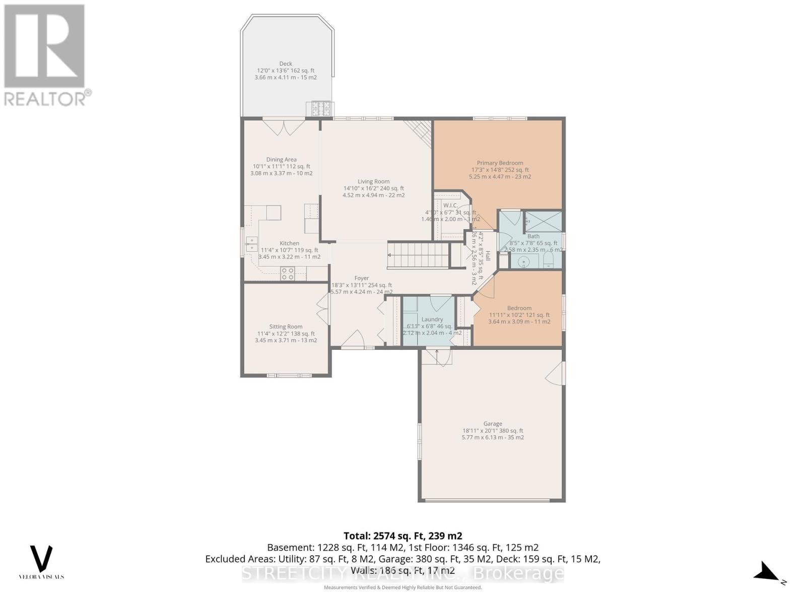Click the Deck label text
click(x=286, y=63)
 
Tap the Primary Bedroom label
click(x=500, y=163)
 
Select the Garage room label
click(x=493, y=424)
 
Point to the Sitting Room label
click(x=286, y=327)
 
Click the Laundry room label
click(x=432, y=319)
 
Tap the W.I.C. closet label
click(x=450, y=205)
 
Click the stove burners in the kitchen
click(x=288, y=274)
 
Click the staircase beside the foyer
click(x=418, y=255)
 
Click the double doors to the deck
click(x=283, y=126)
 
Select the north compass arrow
click(x=767, y=572)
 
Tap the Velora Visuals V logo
click(x=41, y=558)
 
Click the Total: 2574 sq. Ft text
click(x=402, y=536)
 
